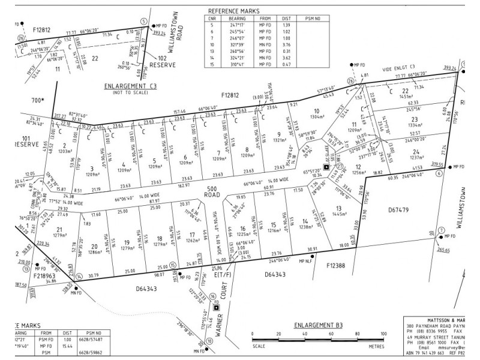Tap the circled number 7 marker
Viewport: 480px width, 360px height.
coord(442,230)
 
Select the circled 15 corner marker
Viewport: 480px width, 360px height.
coord(172,265)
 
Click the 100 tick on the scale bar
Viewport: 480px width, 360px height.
coord(382,334)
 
